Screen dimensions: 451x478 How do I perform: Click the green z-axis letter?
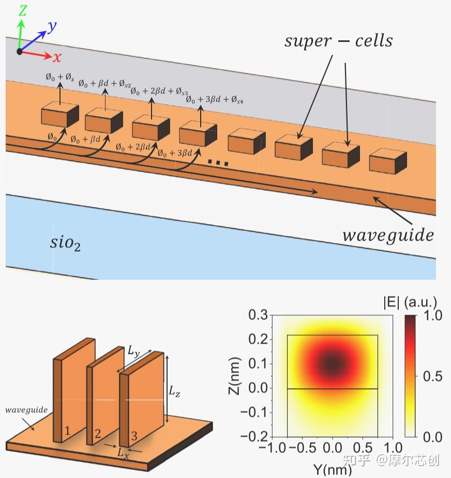tap(23, 11)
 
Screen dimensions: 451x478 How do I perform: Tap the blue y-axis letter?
tap(52, 27)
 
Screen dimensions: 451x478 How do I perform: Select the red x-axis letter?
tap(57, 57)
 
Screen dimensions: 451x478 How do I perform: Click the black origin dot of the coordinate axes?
tap(20, 52)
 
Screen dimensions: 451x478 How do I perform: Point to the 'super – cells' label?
tap(338, 41)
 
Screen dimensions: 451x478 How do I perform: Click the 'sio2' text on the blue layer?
tap(65, 244)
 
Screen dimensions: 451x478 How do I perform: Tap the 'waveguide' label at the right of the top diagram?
tap(388, 235)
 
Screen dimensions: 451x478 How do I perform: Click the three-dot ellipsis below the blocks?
tap(218, 163)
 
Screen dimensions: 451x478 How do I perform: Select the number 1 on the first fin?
tap(67, 430)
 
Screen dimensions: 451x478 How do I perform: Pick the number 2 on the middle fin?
tap(98, 434)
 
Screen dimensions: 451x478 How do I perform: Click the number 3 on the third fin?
tap(134, 436)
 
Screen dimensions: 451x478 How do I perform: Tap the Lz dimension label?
tap(174, 391)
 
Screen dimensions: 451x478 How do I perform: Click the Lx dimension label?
tap(123, 453)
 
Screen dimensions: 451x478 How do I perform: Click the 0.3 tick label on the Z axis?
tap(258, 315)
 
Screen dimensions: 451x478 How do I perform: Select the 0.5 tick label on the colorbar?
tap(432, 376)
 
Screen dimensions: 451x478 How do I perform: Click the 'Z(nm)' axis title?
tap(234, 376)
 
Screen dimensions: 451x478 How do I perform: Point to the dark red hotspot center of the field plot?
tap(333, 363)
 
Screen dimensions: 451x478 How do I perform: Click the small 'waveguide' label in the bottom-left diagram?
tap(26, 410)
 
